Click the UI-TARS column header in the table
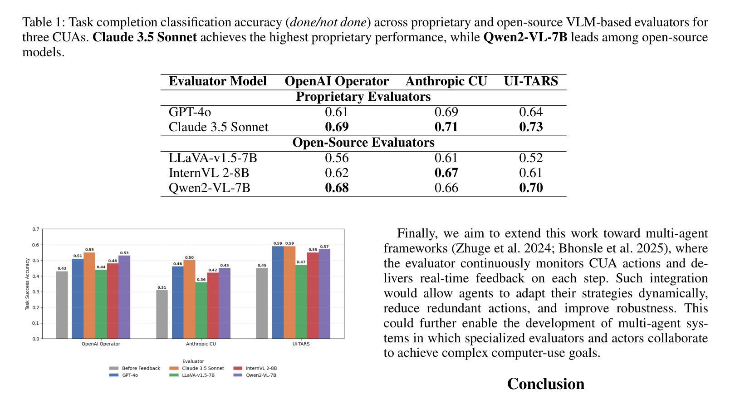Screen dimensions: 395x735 530,81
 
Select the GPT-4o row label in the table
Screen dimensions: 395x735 190,112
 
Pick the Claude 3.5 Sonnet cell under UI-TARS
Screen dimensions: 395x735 530,127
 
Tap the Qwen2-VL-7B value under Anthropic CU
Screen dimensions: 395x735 446,188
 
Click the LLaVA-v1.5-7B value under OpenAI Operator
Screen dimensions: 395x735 337,158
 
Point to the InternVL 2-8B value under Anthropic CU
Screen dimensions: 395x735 446,173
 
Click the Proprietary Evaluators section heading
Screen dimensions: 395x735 363,97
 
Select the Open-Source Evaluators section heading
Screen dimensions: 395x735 363,143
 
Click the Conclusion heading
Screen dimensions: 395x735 545,384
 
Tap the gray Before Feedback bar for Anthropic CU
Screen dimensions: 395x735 162,314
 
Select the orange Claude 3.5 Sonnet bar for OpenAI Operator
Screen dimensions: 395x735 89,295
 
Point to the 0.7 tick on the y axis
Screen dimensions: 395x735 36,229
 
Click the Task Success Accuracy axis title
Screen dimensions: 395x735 28,284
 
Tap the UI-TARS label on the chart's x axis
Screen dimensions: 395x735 301,344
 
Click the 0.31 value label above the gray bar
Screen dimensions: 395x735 162,287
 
